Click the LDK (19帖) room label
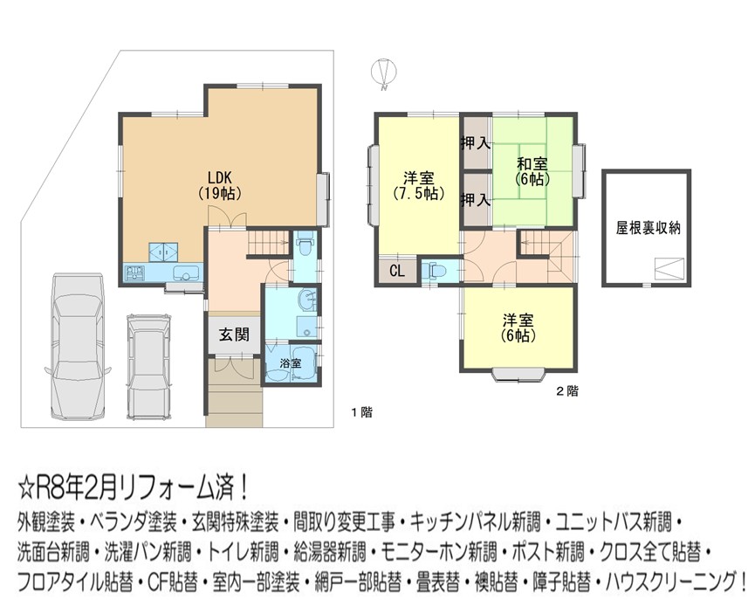tap(219, 185)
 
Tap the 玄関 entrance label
tap(234, 334)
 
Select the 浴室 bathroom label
tap(291, 363)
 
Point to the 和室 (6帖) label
tap(532, 171)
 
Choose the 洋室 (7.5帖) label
tap(418, 186)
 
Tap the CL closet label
tap(397, 271)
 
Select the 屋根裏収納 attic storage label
tap(648, 228)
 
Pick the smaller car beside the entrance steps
tap(149, 366)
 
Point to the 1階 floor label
tap(362, 412)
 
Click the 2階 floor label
tap(567, 391)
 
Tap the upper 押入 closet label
tap(475, 142)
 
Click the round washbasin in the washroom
tap(306, 300)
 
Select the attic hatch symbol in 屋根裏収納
tap(670, 270)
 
